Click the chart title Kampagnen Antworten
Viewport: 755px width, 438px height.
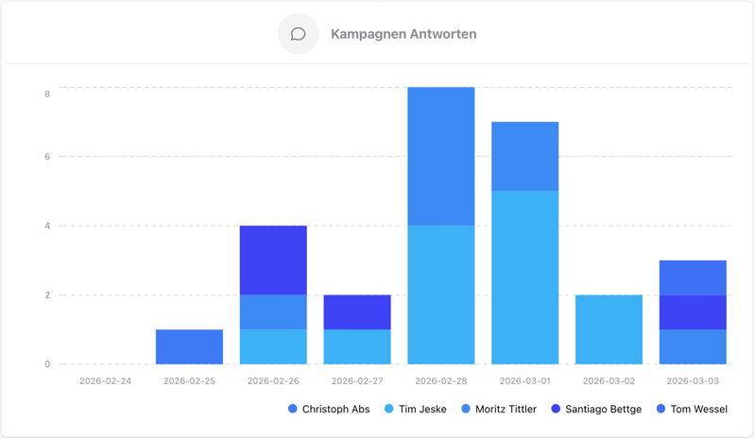[x=403, y=34]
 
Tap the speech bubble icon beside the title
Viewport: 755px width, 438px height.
[x=298, y=34]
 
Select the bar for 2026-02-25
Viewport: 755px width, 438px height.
[x=189, y=346]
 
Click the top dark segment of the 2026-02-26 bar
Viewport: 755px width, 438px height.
[x=273, y=260]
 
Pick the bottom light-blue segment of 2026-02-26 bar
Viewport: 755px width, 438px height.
[x=273, y=346]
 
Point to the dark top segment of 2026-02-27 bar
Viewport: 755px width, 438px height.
[x=357, y=312]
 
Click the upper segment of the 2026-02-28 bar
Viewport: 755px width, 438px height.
[x=441, y=156]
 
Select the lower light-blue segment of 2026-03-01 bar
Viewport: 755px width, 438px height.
[x=524, y=277]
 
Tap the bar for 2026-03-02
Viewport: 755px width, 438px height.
[x=609, y=329]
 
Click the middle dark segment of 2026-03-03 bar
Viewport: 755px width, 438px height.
[x=693, y=312]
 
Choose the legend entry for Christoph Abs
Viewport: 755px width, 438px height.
[x=329, y=409]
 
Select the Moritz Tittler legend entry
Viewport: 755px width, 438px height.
[x=498, y=409]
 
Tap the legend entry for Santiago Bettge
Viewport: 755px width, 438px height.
[x=596, y=409]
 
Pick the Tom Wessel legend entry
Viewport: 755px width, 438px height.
[x=692, y=409]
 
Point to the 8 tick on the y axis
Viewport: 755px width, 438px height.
[x=47, y=93]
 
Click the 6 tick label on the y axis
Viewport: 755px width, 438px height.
[x=47, y=157]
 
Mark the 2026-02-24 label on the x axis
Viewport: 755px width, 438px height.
[x=106, y=381]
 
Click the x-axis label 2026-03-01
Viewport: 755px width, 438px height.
[x=524, y=381]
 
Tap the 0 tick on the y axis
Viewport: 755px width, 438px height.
[x=47, y=364]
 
